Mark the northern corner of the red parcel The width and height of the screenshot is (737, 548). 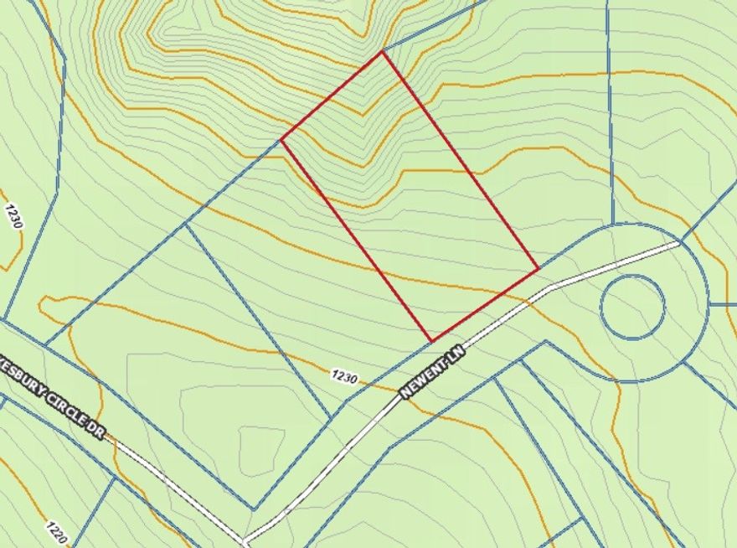tap(383, 52)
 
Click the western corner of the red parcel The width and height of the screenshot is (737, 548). tap(281, 140)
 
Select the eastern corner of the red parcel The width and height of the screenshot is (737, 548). tap(538, 269)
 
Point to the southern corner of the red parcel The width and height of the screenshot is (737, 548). tap(431, 341)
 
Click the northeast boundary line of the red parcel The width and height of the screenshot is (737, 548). tap(461, 161)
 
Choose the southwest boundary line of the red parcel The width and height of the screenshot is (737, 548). tap(356, 240)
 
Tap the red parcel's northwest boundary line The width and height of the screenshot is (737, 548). tap(332, 96)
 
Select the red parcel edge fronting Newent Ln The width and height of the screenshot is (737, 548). tap(484, 305)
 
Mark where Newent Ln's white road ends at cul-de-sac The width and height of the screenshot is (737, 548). tap(678, 244)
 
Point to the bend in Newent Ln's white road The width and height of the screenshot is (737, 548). tap(549, 289)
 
